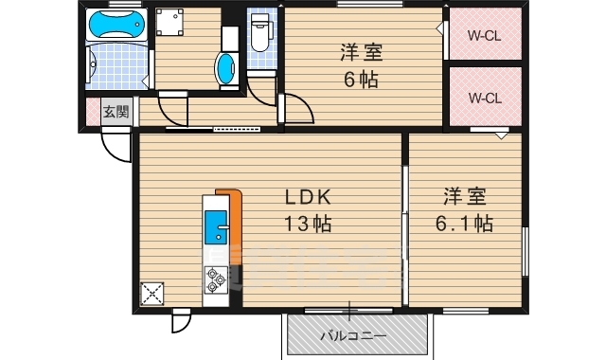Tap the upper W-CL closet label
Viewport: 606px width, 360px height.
coord(484,38)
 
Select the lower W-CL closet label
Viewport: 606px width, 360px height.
coord(484,98)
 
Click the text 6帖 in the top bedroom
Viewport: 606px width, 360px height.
coord(361,81)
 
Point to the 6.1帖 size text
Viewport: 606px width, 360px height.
coord(463,224)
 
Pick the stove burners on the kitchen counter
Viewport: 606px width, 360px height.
coord(215,278)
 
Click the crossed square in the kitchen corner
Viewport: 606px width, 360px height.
coord(151,294)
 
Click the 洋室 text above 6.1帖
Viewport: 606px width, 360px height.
coord(463,197)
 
